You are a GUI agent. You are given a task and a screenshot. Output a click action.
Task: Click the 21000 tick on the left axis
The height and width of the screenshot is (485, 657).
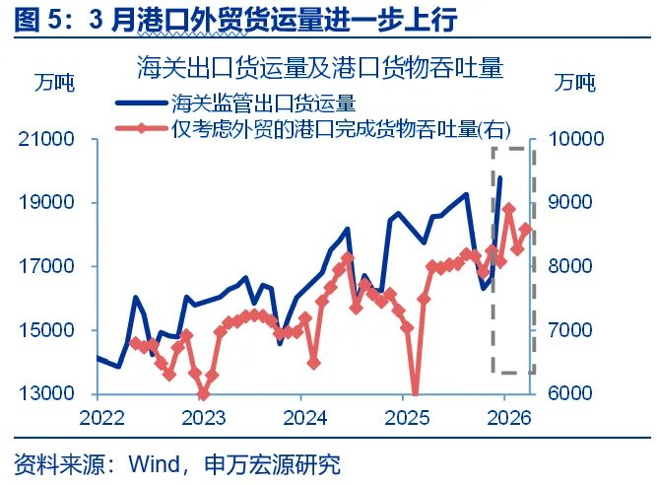(x=49, y=139)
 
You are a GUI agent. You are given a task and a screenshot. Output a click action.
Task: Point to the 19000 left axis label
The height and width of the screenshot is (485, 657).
(x=49, y=203)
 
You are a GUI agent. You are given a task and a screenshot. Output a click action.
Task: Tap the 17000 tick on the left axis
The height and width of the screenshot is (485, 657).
(x=49, y=266)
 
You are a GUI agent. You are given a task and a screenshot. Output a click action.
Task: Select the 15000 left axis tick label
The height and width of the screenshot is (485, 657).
(x=49, y=330)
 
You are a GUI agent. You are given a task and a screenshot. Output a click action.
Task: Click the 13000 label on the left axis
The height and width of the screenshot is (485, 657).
(x=49, y=394)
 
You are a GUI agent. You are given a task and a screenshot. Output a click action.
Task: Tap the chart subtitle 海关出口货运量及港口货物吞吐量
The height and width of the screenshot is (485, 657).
(x=320, y=68)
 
